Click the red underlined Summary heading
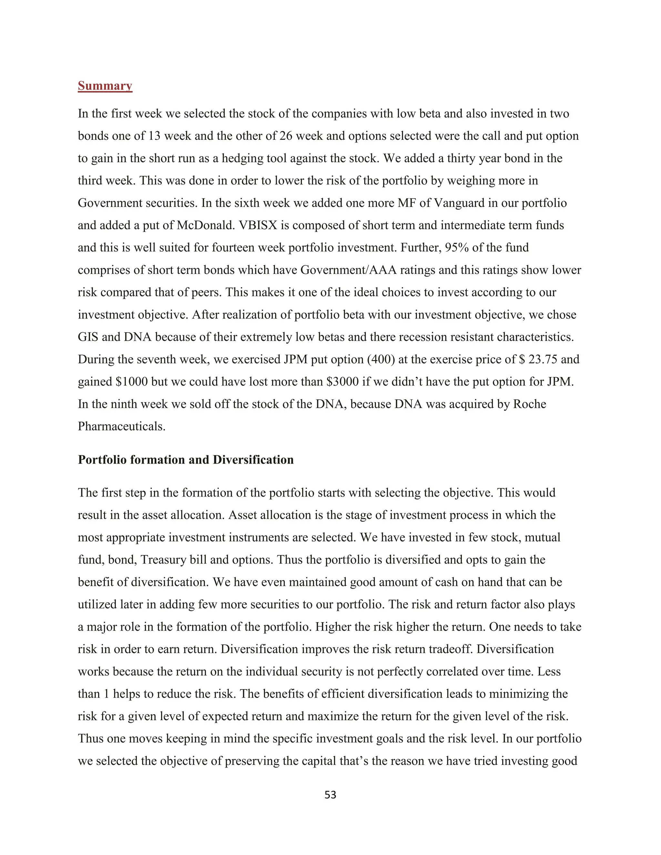105,86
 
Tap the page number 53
330,795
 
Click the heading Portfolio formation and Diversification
186,459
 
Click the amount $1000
132,382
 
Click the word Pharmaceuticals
121,426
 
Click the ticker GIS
88,337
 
